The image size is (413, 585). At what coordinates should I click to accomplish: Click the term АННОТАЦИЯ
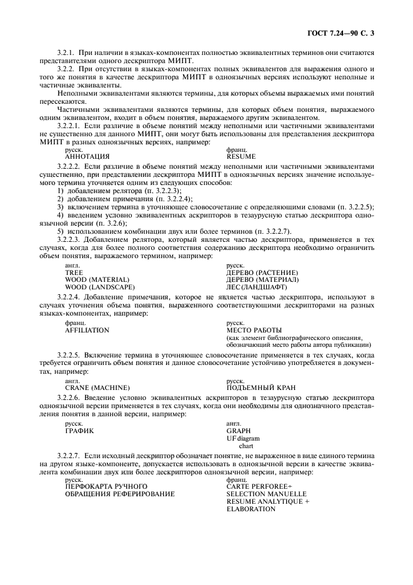click(x=87, y=157)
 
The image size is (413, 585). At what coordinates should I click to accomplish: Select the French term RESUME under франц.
click(x=241, y=157)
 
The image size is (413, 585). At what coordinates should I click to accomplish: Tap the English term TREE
click(x=74, y=272)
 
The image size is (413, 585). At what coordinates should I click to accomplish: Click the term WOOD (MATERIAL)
click(x=97, y=279)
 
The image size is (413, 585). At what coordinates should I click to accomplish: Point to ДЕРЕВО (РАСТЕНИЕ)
click(x=262, y=272)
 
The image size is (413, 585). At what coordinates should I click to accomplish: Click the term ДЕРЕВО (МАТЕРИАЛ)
click(x=262, y=279)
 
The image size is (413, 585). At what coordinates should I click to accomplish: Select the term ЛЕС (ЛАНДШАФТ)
click(x=256, y=287)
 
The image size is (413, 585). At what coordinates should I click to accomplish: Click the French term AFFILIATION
click(x=87, y=330)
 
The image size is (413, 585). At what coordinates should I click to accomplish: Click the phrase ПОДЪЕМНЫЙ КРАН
click(x=261, y=387)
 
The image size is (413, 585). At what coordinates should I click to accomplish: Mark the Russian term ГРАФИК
click(x=79, y=431)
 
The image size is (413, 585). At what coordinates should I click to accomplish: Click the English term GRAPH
click(x=239, y=431)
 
